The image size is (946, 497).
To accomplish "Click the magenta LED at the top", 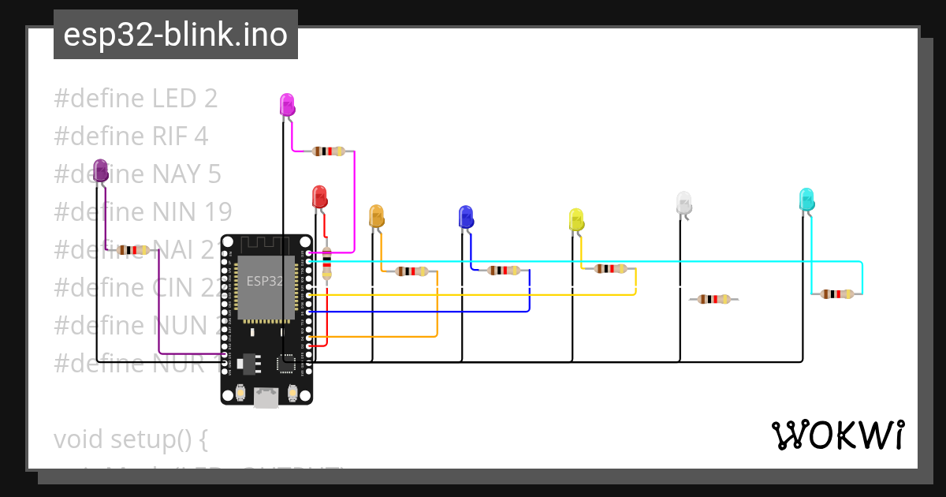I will point(287,104).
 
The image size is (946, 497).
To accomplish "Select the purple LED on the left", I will point(100,170).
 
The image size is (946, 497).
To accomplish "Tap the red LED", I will point(319,196).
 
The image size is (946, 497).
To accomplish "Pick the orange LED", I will point(376,215).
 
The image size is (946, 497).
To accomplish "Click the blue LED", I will point(466,217).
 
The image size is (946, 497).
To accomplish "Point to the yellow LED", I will point(576,219).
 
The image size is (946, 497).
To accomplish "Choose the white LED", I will point(683,203).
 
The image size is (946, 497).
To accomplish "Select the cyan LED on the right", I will point(806,199).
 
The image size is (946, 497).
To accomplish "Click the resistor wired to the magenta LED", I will point(328,151).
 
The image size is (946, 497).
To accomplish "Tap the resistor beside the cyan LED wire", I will point(836,294).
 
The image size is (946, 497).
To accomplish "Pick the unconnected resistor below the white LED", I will point(713,299).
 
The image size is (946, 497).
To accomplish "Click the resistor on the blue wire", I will point(504,271).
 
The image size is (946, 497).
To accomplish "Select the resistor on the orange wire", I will point(413,271).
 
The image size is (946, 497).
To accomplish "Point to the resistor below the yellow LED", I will point(611,269).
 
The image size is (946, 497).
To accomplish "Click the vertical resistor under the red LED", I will point(327,263).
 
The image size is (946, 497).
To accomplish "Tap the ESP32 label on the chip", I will point(265,281).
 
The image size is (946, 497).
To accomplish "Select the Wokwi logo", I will point(837,435).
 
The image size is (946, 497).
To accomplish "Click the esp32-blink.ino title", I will point(175,35).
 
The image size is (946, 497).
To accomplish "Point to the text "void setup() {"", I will point(130,439).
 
